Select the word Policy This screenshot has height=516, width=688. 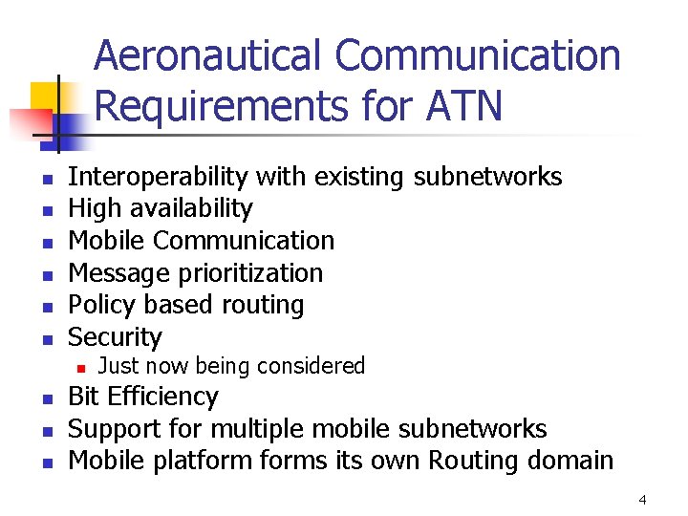coord(100,305)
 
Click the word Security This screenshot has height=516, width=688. coord(116,337)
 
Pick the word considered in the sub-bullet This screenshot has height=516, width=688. coord(315,366)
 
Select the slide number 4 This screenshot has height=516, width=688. coord(642,499)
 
